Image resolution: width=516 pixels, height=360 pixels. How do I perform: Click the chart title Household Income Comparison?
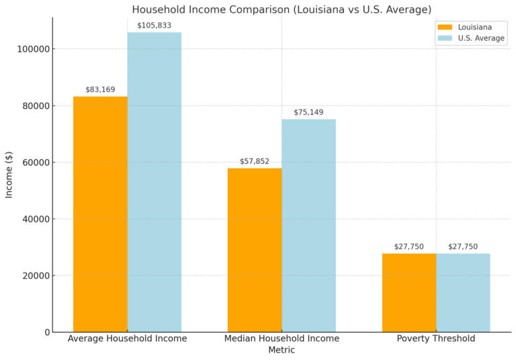click(x=282, y=9)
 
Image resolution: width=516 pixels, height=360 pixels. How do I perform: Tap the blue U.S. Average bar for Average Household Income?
click(x=154, y=181)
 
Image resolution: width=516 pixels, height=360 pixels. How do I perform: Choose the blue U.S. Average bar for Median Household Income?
click(x=308, y=225)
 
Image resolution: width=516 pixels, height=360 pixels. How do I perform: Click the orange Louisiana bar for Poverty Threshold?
click(x=409, y=292)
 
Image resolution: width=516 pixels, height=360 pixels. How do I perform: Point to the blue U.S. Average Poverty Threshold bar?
click(x=463, y=292)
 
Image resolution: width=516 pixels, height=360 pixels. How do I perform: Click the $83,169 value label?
click(x=100, y=89)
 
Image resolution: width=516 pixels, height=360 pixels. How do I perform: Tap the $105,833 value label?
click(x=154, y=26)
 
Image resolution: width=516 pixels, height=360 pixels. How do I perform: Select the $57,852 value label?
click(x=255, y=161)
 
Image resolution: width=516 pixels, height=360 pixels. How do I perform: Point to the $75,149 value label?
click(x=308, y=112)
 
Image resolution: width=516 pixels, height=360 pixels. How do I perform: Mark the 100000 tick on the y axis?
click(x=32, y=49)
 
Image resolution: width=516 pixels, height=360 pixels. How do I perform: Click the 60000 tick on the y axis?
click(x=34, y=163)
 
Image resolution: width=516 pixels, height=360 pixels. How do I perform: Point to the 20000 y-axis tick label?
click(x=34, y=275)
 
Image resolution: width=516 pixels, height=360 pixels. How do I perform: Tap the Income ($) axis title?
click(x=9, y=175)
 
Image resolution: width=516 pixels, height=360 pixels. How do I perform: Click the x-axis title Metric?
click(x=282, y=350)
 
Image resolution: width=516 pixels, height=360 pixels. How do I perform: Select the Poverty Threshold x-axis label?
click(x=436, y=339)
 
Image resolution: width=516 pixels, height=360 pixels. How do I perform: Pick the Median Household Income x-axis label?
click(x=282, y=339)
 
